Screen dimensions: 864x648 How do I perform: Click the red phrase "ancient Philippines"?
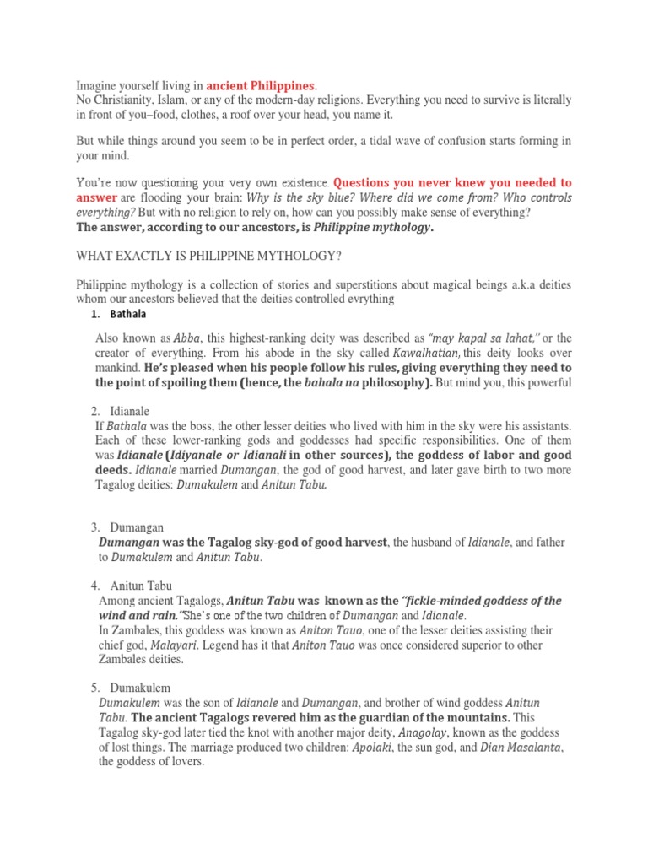[x=261, y=85]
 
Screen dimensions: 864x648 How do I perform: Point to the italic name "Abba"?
[x=187, y=337]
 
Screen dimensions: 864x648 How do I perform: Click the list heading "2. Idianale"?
[x=121, y=411]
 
